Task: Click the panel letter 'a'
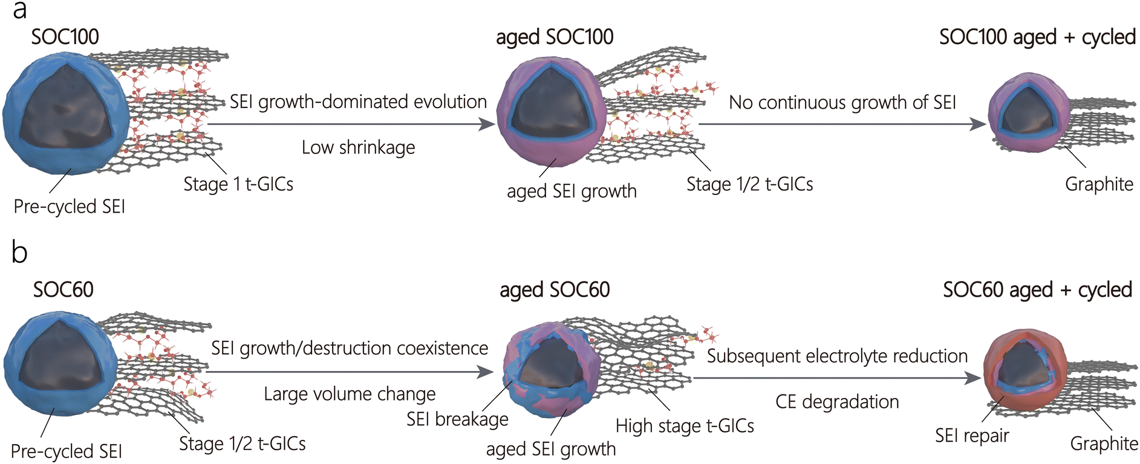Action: coord(19,10)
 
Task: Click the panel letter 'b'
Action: coord(19,252)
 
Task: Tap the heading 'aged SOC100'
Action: coord(555,37)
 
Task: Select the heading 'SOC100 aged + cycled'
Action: coord(1037,37)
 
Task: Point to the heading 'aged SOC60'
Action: coord(555,290)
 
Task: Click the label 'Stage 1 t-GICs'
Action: coord(238,184)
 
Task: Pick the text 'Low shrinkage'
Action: coord(358,147)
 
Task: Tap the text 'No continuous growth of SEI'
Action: coord(842,103)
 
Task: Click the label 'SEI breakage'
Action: coord(457,419)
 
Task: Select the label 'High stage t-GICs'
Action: coord(685,426)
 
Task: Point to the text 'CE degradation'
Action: coord(837,402)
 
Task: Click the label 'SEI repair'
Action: coord(972,436)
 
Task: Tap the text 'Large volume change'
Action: coord(350,394)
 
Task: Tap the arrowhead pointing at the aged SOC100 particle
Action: coord(487,124)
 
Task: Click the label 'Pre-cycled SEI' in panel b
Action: coord(67,451)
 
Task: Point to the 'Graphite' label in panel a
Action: coord(1099,184)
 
